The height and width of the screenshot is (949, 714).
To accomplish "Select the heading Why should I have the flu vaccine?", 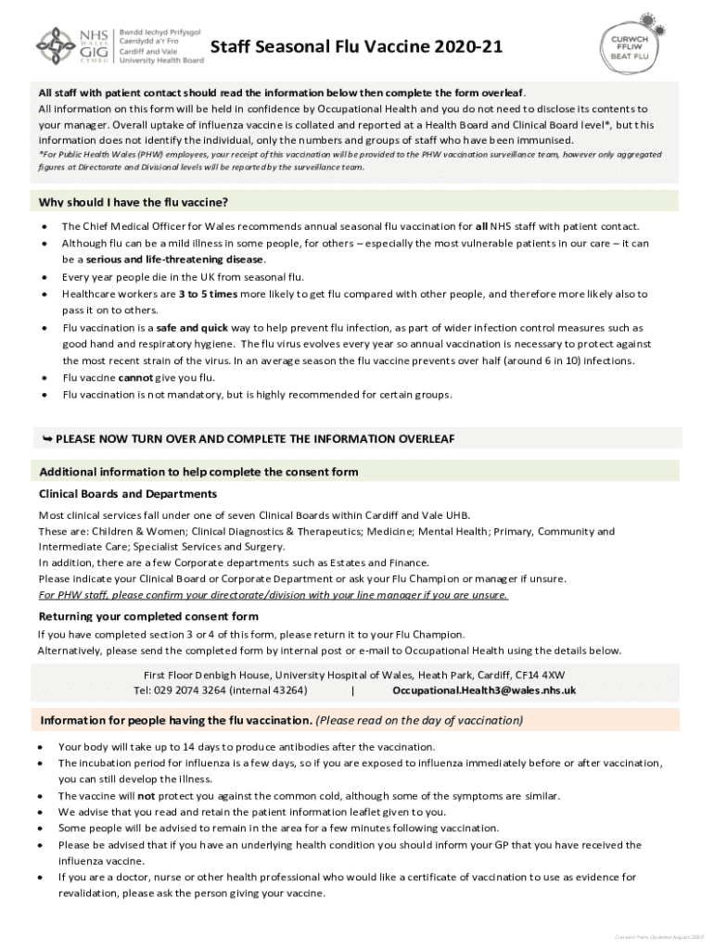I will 134,203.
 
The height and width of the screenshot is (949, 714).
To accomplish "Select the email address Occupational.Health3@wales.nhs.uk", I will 484,690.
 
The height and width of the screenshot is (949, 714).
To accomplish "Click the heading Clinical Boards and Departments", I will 128,494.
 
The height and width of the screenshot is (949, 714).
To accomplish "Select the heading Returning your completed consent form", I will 148,617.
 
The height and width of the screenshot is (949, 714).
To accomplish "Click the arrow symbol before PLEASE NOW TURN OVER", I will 45,438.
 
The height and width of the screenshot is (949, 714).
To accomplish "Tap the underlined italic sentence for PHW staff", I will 273,595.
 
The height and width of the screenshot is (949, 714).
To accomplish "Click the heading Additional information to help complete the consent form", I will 198,473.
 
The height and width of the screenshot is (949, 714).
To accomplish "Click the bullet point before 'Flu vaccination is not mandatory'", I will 44,396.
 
